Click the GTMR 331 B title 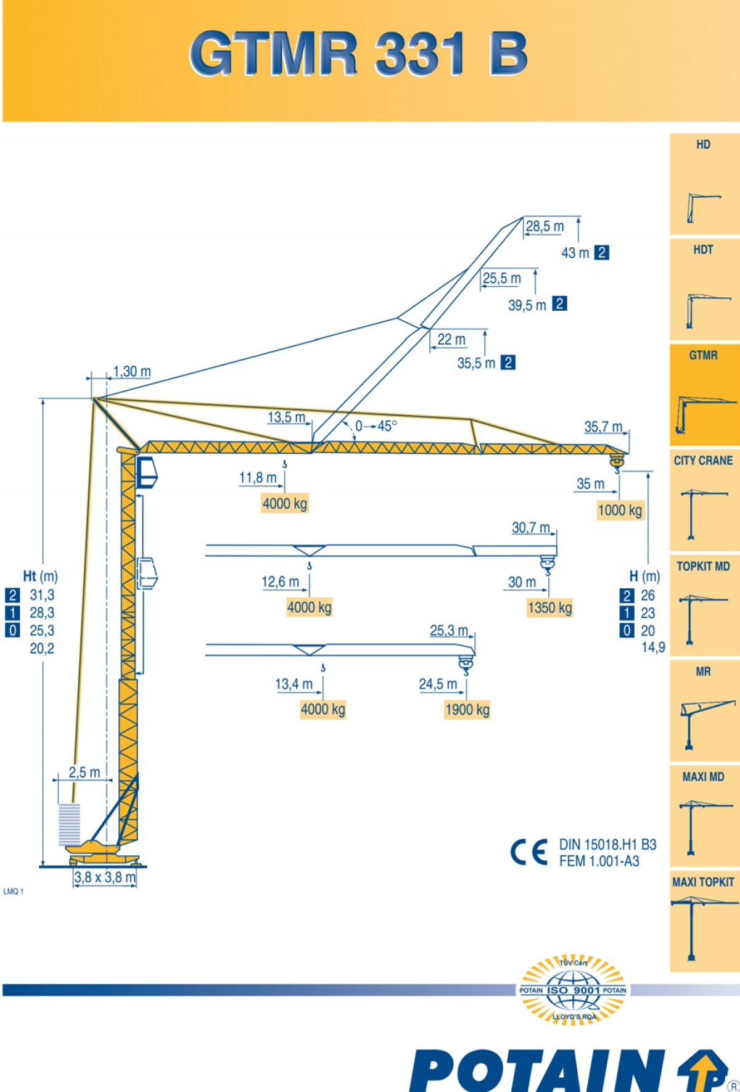pos(358,54)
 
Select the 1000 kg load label pos(620,510)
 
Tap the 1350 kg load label pos(549,608)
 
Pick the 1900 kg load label pos(467,710)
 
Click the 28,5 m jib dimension pos(545,226)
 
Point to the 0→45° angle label pos(376,426)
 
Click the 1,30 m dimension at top pos(132,371)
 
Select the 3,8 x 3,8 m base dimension pos(105,877)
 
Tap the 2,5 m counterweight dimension pos(84,772)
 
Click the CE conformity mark pos(529,852)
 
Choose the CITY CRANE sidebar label pos(703,461)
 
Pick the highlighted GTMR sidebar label pos(703,355)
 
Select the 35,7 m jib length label pos(603,427)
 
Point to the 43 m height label pos(575,253)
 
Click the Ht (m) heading pos(40,577)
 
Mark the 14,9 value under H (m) pos(653,647)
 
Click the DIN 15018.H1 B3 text pos(607,844)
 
